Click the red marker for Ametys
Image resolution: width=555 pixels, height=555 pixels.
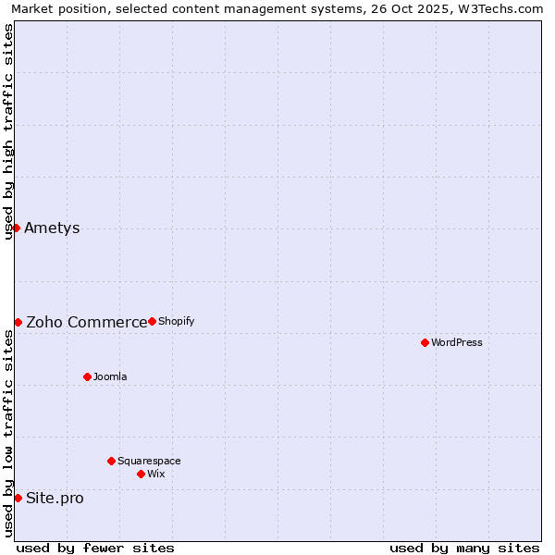pos(16,228)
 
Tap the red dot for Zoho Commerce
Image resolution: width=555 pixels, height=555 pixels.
pos(18,322)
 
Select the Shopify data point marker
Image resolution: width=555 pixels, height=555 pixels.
pos(152,321)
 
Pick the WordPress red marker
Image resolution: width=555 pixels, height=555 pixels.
pos(425,342)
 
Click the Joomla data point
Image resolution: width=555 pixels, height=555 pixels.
pos(87,376)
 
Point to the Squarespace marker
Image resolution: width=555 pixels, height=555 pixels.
pos(111,461)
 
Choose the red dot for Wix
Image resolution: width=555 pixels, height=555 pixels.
pos(141,474)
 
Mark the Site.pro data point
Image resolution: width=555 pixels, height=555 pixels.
pos(18,498)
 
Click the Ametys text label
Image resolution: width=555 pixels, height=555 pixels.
pos(52,228)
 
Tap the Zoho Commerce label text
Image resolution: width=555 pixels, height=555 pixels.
pos(86,323)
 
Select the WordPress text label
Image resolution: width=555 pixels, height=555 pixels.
pos(457,343)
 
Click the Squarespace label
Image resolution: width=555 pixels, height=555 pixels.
pos(149,462)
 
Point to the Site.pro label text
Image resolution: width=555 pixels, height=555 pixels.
pos(55,499)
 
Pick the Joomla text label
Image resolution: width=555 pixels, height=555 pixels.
pos(110,377)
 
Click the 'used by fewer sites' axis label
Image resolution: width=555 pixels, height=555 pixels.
pos(95,548)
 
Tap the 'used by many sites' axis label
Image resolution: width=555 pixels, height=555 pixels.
pos(464,548)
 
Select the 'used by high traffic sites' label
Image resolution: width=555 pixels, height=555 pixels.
pos(8,131)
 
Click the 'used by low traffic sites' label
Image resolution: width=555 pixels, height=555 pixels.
pos(8,433)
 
